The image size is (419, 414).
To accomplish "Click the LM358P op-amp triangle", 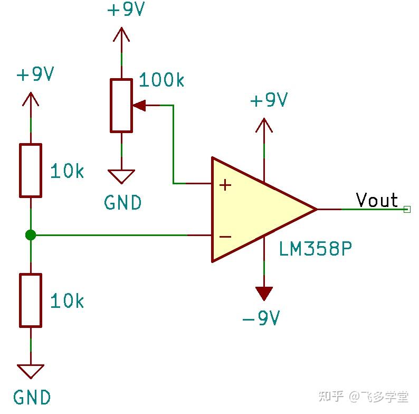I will [x=253, y=209].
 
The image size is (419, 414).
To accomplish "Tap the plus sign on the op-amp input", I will [x=225, y=185].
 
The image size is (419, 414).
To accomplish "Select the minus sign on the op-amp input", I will [x=225, y=236].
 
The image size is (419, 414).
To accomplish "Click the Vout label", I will [x=376, y=200].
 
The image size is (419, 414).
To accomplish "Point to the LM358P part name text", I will [x=315, y=249].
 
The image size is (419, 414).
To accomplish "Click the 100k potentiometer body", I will [x=121, y=105].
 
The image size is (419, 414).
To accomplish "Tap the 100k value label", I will [x=161, y=81].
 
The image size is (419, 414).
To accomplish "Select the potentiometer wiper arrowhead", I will [x=139, y=105].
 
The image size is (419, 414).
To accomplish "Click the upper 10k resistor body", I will [x=31, y=170].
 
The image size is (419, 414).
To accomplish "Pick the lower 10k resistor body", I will [x=31, y=300].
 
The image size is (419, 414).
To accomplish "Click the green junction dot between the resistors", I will [x=31, y=235].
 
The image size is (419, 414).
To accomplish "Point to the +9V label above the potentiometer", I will [x=125, y=11].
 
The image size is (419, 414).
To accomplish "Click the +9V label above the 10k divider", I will [x=35, y=74].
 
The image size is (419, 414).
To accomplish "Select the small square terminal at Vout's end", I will [x=406, y=209].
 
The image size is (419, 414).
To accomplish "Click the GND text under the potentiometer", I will [x=123, y=202].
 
